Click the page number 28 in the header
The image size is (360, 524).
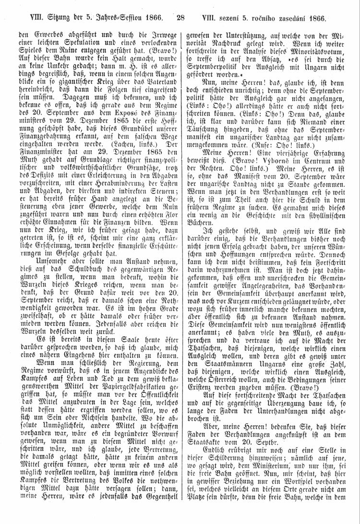pos(180,19)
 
